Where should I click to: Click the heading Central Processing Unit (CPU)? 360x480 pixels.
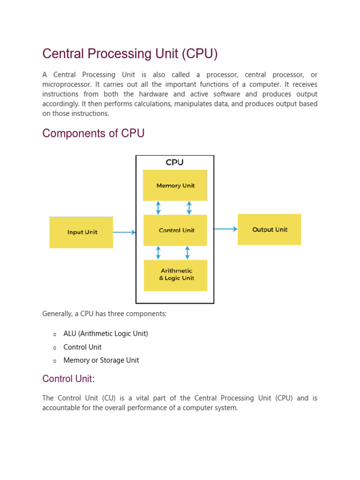(x=130, y=54)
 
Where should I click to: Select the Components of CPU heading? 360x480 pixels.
(x=93, y=134)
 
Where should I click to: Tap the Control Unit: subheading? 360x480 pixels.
(x=68, y=379)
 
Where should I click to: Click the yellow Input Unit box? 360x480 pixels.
(x=81, y=232)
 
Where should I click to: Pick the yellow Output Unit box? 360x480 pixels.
(x=269, y=230)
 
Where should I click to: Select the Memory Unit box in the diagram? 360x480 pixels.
(x=175, y=186)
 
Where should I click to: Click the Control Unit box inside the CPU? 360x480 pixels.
(x=175, y=230)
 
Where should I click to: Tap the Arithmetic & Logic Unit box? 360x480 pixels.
(x=175, y=275)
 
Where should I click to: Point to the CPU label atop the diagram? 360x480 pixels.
(x=174, y=163)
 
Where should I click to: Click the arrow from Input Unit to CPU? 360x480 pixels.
(x=124, y=232)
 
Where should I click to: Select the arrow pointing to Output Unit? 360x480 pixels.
(x=225, y=229)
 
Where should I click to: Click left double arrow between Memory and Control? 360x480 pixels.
(x=158, y=208)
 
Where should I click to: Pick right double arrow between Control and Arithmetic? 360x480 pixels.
(x=187, y=253)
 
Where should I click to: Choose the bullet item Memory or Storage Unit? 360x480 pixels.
(x=101, y=360)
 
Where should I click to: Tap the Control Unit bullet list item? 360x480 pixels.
(x=82, y=347)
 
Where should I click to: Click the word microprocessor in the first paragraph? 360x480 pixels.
(x=67, y=84)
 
